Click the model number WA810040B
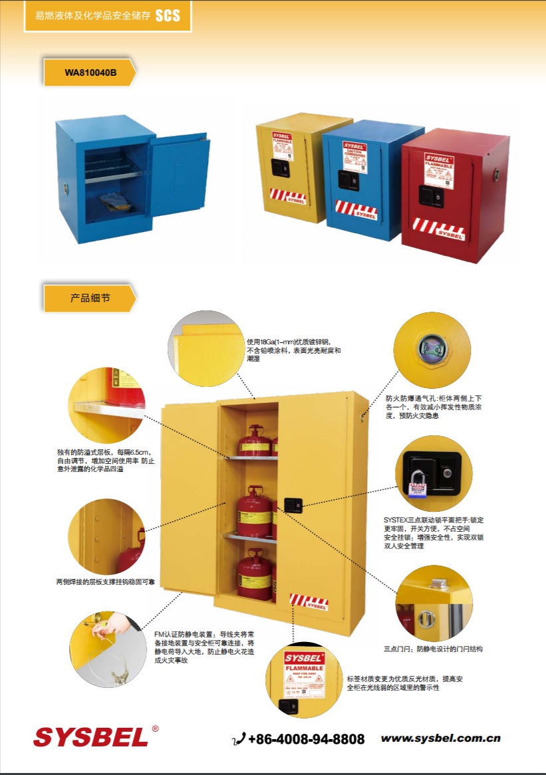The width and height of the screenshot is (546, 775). tap(90, 72)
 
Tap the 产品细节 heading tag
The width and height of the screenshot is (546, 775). tap(90, 298)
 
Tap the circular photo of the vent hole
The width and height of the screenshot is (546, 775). tap(432, 349)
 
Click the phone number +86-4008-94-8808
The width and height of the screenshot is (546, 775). tap(306, 739)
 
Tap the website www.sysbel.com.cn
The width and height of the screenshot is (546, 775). tap(440, 738)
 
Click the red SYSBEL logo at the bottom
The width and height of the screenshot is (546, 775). tap(92, 736)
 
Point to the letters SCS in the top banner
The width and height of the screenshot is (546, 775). tap(168, 16)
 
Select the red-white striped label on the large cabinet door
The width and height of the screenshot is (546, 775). tap(309, 602)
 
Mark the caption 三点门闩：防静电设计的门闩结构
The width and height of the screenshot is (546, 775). tap(433, 649)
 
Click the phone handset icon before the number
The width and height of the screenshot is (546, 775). tap(239, 739)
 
